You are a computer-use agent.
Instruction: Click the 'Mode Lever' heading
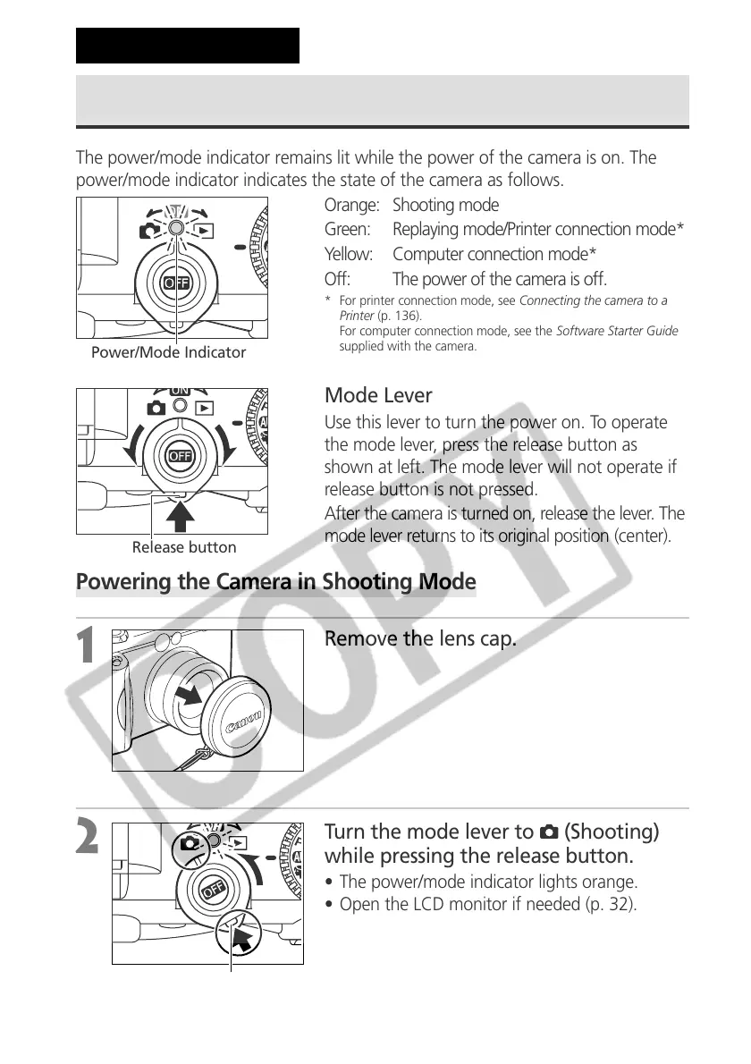point(378,396)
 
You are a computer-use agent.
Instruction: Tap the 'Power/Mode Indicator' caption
point(168,353)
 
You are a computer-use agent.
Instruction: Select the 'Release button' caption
point(184,547)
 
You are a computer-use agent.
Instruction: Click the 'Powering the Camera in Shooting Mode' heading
point(276,583)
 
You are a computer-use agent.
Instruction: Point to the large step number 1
point(87,646)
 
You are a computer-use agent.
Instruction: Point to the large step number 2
point(88,838)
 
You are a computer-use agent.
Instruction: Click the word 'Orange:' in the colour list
point(351,206)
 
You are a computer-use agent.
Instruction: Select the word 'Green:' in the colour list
point(348,230)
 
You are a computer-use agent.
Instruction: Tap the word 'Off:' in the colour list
point(337,279)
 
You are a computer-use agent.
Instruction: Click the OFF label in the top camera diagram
point(173,283)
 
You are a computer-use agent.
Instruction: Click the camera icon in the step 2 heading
point(550,832)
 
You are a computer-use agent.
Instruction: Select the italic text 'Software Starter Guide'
point(617,331)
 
